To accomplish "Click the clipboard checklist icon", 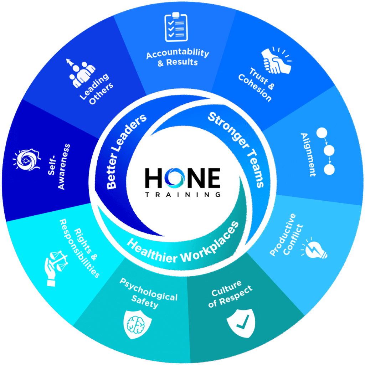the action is point(176,27).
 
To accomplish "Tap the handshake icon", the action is point(276,60).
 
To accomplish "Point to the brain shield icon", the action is point(137,324).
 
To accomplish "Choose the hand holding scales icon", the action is point(56,268).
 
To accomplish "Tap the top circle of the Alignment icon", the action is point(322,133).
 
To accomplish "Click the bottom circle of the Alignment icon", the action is point(329,169).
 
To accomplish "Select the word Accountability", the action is point(178,53).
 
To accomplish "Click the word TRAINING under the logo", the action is point(183,195).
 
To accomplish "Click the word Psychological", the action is point(148,289).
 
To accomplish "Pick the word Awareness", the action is point(64,167).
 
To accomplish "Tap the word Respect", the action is point(236,295).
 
